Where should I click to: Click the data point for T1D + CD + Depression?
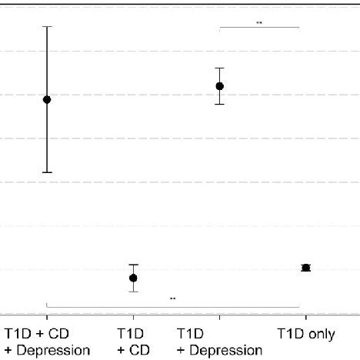coord(47,99)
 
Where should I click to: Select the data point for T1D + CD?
coord(133,278)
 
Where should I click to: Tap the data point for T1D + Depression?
coord(219,86)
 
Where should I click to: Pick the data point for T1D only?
coord(305,268)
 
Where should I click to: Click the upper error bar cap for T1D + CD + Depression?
coord(47,26)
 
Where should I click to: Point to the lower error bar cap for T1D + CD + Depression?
coord(47,172)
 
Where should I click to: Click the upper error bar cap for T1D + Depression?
coord(219,68)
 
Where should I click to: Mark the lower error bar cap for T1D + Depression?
coord(219,104)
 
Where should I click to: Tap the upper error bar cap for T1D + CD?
coord(133,265)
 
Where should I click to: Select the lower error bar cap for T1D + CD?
coord(133,292)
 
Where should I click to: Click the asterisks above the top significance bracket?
coord(259,23)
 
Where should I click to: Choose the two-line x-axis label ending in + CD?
coord(132,343)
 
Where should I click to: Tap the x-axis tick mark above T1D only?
coord(305,316)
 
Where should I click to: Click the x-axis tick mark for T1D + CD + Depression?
coord(47,316)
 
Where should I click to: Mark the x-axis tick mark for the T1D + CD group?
coord(133,316)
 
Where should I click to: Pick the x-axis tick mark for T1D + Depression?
coord(219,316)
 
